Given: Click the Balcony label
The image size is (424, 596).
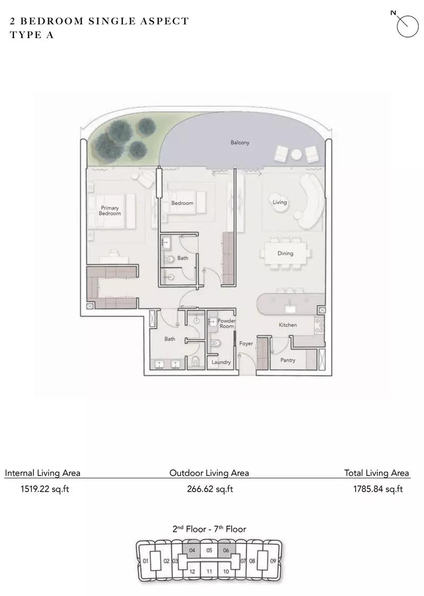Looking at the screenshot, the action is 240,143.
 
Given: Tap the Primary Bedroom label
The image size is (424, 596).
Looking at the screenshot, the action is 110,210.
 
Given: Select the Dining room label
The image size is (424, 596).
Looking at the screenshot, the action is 285,253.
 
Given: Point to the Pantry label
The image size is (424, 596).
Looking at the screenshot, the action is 288,360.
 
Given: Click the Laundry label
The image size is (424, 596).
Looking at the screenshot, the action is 221,362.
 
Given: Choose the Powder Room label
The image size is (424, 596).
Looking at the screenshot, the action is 227,324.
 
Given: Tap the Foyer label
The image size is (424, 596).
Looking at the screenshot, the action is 246,343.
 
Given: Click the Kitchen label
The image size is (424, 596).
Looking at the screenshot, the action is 288,325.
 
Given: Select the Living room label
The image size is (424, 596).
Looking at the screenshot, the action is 279,202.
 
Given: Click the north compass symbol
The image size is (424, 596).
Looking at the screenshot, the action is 407,26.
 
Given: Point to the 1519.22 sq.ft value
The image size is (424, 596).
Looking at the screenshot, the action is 45,489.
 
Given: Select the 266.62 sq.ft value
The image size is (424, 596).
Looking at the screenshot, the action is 210,489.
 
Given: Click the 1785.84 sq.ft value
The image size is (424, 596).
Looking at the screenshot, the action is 378,489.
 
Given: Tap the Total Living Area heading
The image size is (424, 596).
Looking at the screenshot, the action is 376,473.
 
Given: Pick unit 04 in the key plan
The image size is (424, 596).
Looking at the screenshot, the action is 192,550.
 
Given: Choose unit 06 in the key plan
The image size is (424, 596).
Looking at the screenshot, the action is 226,550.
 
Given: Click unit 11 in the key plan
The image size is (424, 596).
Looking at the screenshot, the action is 209,571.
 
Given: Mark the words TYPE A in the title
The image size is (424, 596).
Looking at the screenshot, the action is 32,35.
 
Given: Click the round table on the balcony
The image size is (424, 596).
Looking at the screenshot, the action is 297,154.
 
